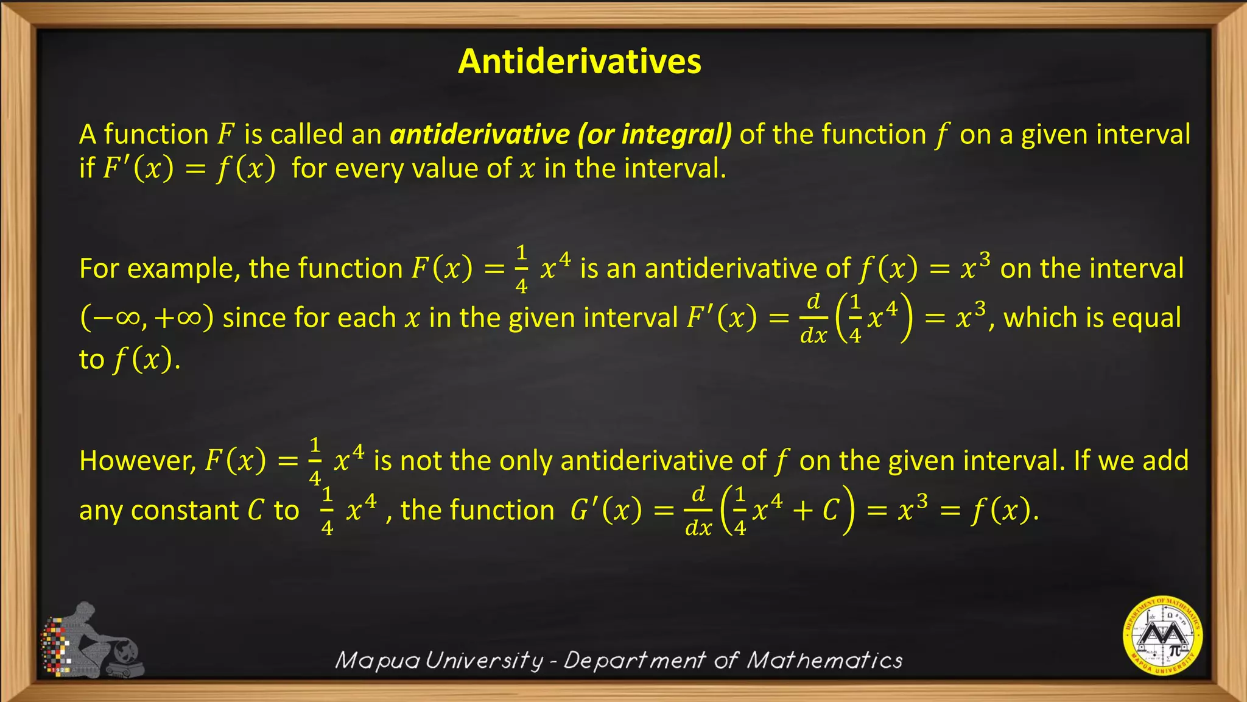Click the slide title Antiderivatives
579,61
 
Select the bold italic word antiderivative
480,134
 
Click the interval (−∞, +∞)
147,318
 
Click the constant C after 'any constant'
256,511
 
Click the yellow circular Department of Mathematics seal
1162,636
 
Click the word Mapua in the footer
377,660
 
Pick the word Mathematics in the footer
824,660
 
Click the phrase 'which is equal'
1092,318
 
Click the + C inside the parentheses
817,510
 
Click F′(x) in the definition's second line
138,168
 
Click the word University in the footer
484,660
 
